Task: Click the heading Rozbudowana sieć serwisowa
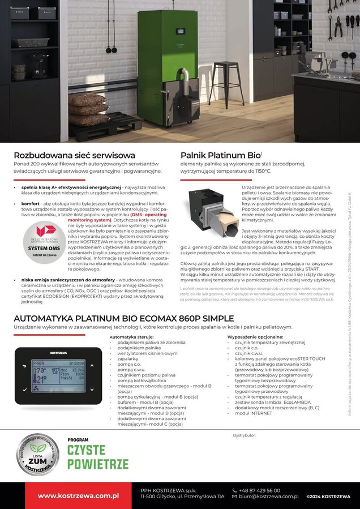point(74,155)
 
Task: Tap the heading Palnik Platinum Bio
point(221,155)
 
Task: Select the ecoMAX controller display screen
point(59,375)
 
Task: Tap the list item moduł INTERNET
point(253,413)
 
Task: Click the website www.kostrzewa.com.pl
point(78,496)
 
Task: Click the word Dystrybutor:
point(245,435)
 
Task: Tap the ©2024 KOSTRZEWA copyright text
point(328,497)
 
